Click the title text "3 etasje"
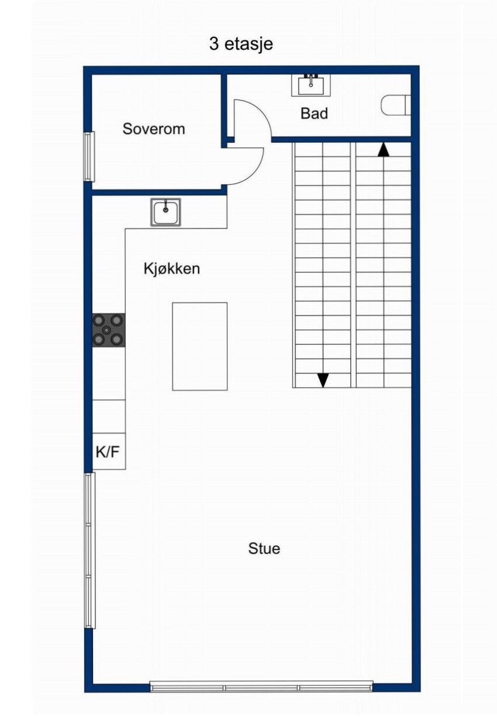tap(241, 44)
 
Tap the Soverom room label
tap(153, 129)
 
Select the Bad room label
tap(314, 114)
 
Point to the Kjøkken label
tap(172, 269)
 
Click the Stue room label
tap(264, 548)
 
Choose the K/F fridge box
tap(109, 451)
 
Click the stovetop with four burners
tap(109, 330)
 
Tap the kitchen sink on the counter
tap(165, 212)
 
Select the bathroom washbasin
tap(310, 85)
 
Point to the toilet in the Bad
tap(396, 106)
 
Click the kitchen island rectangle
tap(199, 346)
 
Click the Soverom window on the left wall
tap(89, 156)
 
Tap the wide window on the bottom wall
tap(261, 687)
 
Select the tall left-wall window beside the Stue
tap(89, 550)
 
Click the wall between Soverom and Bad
tap(224, 108)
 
